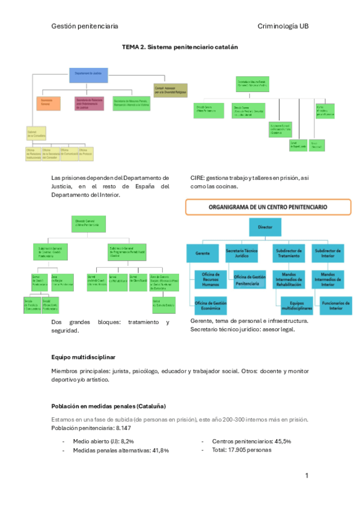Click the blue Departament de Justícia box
coord(88,75)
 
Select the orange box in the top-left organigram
coord(48,103)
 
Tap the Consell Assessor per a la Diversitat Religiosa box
coord(171,89)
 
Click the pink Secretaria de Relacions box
coord(90,103)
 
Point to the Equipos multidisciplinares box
coord(291,305)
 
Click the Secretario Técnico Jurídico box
coord(241,253)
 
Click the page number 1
coord(307,476)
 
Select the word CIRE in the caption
coord(197,178)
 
